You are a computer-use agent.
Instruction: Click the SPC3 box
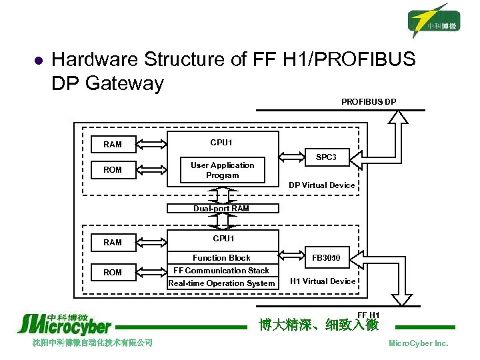click(326, 158)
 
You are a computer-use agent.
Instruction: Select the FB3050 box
click(327, 257)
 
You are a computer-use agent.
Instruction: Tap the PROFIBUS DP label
click(369, 102)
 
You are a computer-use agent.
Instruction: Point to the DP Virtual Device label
click(321, 185)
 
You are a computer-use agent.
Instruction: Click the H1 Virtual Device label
click(323, 281)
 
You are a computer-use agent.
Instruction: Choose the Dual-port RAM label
click(221, 209)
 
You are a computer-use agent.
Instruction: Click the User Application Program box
click(222, 171)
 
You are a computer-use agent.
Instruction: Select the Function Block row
click(221, 258)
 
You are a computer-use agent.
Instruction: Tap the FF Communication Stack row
click(221, 271)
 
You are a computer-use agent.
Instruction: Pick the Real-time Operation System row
click(221, 283)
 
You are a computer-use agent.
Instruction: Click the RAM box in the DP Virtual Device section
click(113, 144)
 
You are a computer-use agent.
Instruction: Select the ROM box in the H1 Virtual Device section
click(113, 273)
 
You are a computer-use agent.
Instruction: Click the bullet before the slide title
click(38, 61)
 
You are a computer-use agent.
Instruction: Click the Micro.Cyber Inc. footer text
click(419, 343)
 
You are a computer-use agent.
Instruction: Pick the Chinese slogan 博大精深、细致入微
click(319, 325)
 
